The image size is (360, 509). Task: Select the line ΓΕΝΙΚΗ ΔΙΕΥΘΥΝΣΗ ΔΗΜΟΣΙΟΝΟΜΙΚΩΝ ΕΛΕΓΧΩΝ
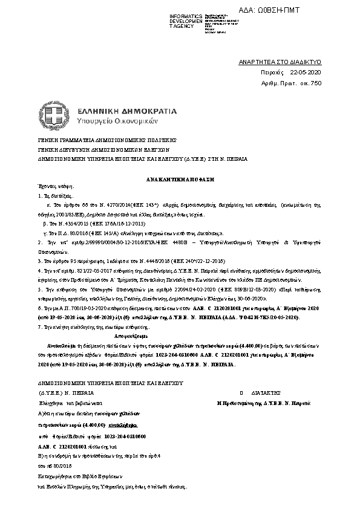click(x=92, y=148)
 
